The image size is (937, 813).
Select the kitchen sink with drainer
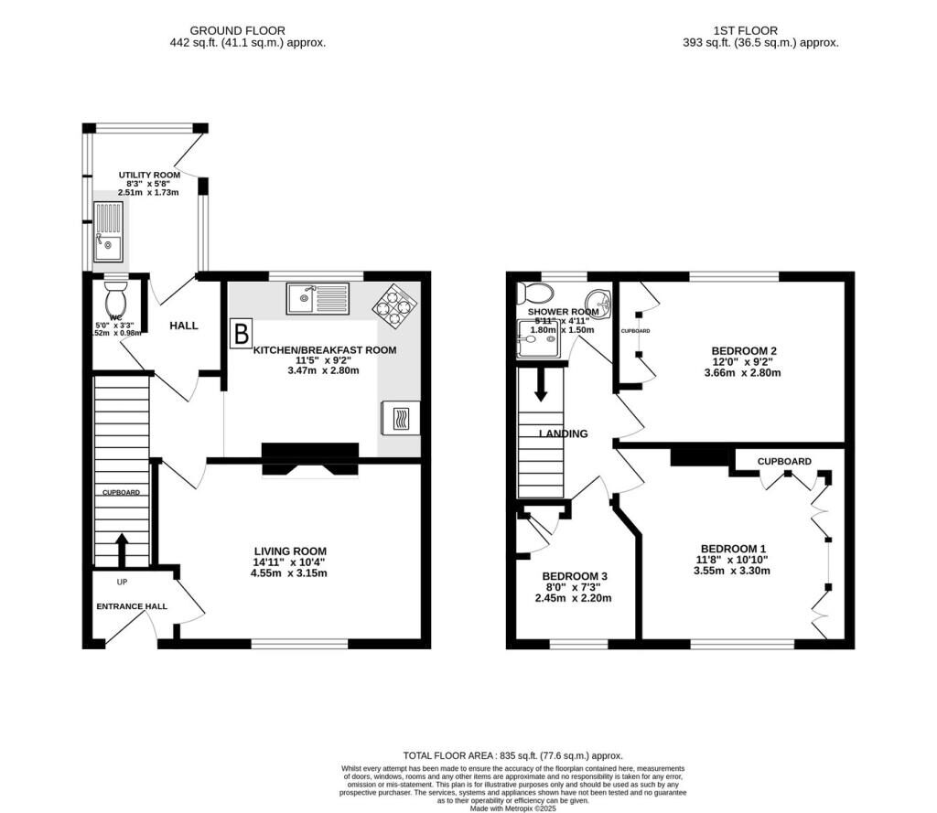[317, 297]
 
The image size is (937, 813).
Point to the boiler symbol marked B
[241, 333]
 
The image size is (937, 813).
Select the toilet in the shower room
[534, 294]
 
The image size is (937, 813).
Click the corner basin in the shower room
[599, 299]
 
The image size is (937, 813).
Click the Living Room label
[290, 551]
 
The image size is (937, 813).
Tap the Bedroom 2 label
[744, 350]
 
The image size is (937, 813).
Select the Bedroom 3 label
[572, 576]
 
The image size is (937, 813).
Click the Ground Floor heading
[247, 30]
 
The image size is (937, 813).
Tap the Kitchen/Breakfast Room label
[325, 350]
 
